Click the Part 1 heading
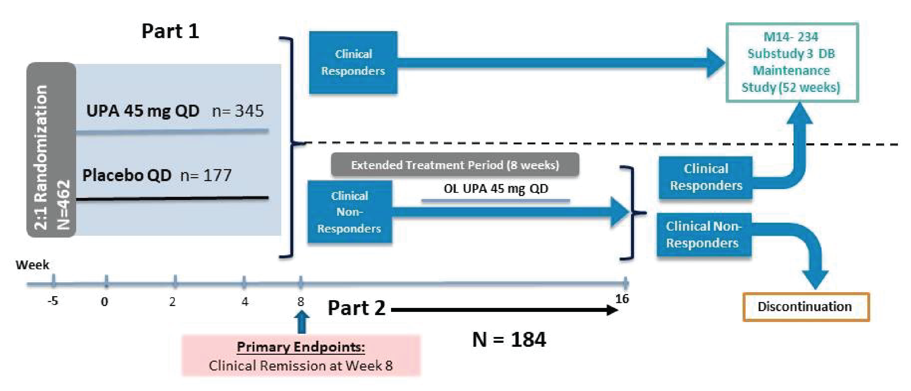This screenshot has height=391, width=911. pos(170,31)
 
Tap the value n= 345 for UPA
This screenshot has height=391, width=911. pos(238,111)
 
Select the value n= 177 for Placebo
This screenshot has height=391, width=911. pos(206,175)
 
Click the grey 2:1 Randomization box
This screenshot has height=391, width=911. pos(51,150)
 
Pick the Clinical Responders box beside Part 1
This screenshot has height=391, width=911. pos(353,63)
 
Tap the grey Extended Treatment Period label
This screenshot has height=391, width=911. pos(455,165)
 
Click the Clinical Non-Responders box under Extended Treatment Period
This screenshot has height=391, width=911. pos(349,212)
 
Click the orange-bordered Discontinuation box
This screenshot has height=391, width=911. pos(805,307)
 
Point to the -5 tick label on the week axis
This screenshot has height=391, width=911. pos(53,301)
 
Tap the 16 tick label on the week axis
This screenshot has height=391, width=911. pos(622,299)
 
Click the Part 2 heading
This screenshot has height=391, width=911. pos(356,308)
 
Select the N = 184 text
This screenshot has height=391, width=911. pos(509,339)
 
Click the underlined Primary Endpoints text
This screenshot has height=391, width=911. pos(300,347)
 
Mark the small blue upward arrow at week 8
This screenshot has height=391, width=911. pos(301,321)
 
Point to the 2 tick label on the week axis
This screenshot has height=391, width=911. pos(172,302)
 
